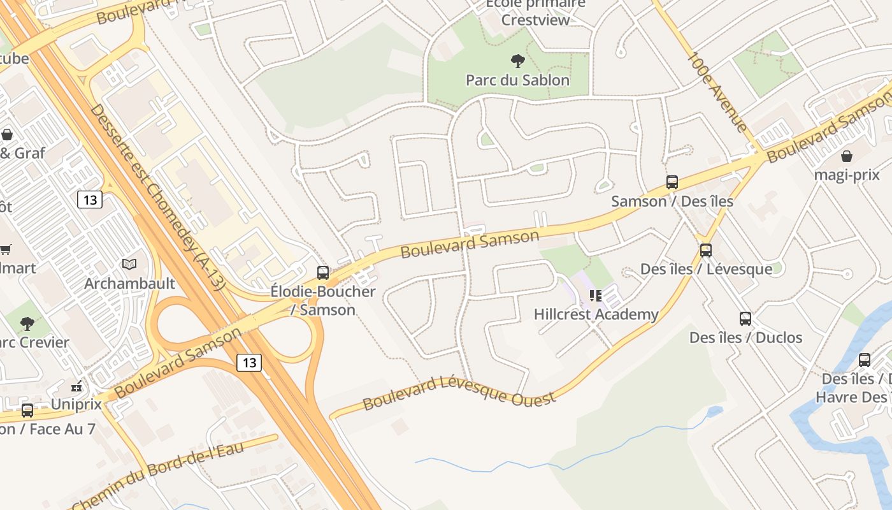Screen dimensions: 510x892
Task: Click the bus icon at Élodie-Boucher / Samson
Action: pyautogui.click(x=323, y=273)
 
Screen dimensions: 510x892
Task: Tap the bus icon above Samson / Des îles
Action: pyautogui.click(x=672, y=182)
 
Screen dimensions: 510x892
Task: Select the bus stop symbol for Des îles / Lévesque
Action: pyautogui.click(x=705, y=251)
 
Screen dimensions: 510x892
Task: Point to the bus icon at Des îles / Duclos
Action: pyautogui.click(x=745, y=319)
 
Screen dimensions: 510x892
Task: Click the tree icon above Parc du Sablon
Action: pyautogui.click(x=518, y=61)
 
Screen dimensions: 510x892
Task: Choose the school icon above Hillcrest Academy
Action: pyautogui.click(x=596, y=295)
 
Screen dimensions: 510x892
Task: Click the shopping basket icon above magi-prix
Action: pyautogui.click(x=847, y=156)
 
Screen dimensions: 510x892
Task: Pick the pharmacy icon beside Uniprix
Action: pyautogui.click(x=76, y=386)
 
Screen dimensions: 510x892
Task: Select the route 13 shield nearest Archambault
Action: pyautogui.click(x=90, y=200)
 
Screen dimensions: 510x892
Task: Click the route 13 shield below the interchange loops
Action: pyautogui.click(x=248, y=363)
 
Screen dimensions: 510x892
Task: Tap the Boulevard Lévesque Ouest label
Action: pyautogui.click(x=459, y=393)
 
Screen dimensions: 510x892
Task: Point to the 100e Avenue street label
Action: pyautogui.click(x=717, y=92)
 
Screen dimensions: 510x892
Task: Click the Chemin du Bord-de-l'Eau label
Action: pyautogui.click(x=157, y=475)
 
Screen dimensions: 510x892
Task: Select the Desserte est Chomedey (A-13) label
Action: pyautogui.click(x=157, y=197)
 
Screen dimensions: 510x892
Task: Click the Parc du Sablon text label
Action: pyautogui.click(x=517, y=80)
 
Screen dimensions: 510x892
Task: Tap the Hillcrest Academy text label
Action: pyautogui.click(x=596, y=314)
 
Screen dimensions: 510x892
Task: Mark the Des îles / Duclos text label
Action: pyautogui.click(x=745, y=338)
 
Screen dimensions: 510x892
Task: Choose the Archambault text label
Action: pyautogui.click(x=129, y=284)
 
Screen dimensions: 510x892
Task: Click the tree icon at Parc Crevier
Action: pyautogui.click(x=27, y=324)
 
